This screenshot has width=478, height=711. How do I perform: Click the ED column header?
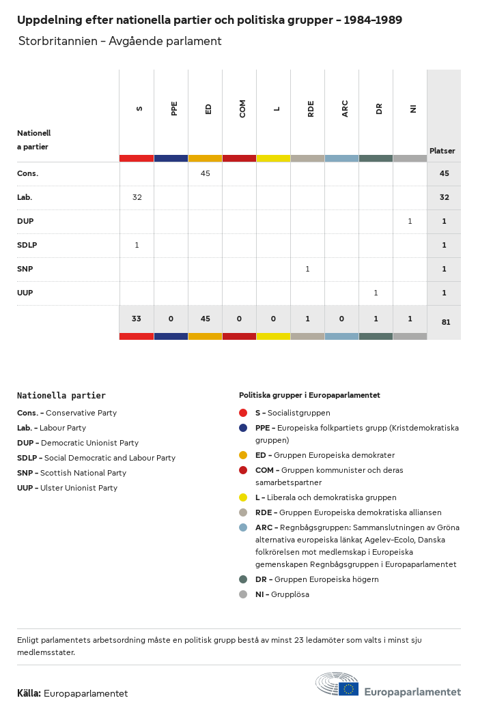(208, 108)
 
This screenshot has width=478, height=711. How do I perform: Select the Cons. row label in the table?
(28, 173)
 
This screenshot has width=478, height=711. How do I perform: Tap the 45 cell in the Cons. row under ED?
(206, 173)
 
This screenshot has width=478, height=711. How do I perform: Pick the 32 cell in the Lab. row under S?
(137, 197)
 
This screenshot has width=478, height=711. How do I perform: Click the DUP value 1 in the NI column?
(410, 221)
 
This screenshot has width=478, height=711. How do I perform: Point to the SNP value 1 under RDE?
(307, 269)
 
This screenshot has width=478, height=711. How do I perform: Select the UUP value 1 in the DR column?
(376, 293)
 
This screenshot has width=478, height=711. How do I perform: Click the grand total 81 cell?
(445, 322)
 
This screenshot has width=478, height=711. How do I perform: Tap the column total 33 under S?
(137, 319)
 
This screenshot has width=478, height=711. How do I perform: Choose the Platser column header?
(442, 151)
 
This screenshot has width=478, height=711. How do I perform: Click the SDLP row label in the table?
(27, 245)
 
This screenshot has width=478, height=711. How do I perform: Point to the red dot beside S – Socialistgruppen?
(243, 413)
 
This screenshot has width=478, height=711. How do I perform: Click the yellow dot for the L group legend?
(243, 497)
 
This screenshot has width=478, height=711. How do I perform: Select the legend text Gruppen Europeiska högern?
(326, 579)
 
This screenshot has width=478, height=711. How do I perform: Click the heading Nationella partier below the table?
(61, 395)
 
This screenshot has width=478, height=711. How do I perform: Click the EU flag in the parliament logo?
(348, 688)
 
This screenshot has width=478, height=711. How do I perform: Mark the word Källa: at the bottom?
(29, 693)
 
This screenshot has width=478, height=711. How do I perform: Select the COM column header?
(242, 108)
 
